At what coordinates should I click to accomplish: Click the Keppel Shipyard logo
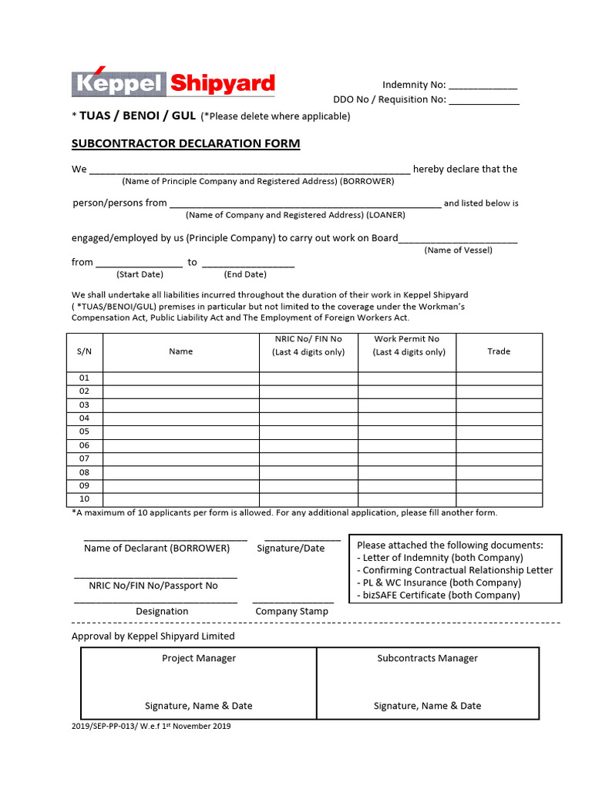[x=173, y=82]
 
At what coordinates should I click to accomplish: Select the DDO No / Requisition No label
[x=389, y=99]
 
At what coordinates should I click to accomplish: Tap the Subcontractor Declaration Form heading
[x=186, y=143]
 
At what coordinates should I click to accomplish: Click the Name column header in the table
[x=180, y=351]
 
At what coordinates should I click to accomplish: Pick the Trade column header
[x=499, y=351]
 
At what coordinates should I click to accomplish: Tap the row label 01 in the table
[x=84, y=378]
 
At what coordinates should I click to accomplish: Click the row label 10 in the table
[x=84, y=499]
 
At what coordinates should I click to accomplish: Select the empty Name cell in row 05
[x=180, y=431]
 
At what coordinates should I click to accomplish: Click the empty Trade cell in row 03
[x=499, y=405]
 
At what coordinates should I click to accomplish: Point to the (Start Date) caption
[x=140, y=274]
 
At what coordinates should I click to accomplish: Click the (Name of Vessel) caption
[x=458, y=250]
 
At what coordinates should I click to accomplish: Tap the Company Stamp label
[x=291, y=611]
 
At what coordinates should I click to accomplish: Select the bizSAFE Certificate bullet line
[x=438, y=595]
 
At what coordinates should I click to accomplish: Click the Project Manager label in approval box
[x=199, y=658]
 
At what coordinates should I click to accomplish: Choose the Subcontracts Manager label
[x=427, y=658]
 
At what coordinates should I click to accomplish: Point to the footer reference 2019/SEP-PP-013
[x=151, y=726]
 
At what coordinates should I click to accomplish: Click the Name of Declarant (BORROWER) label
[x=157, y=549]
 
